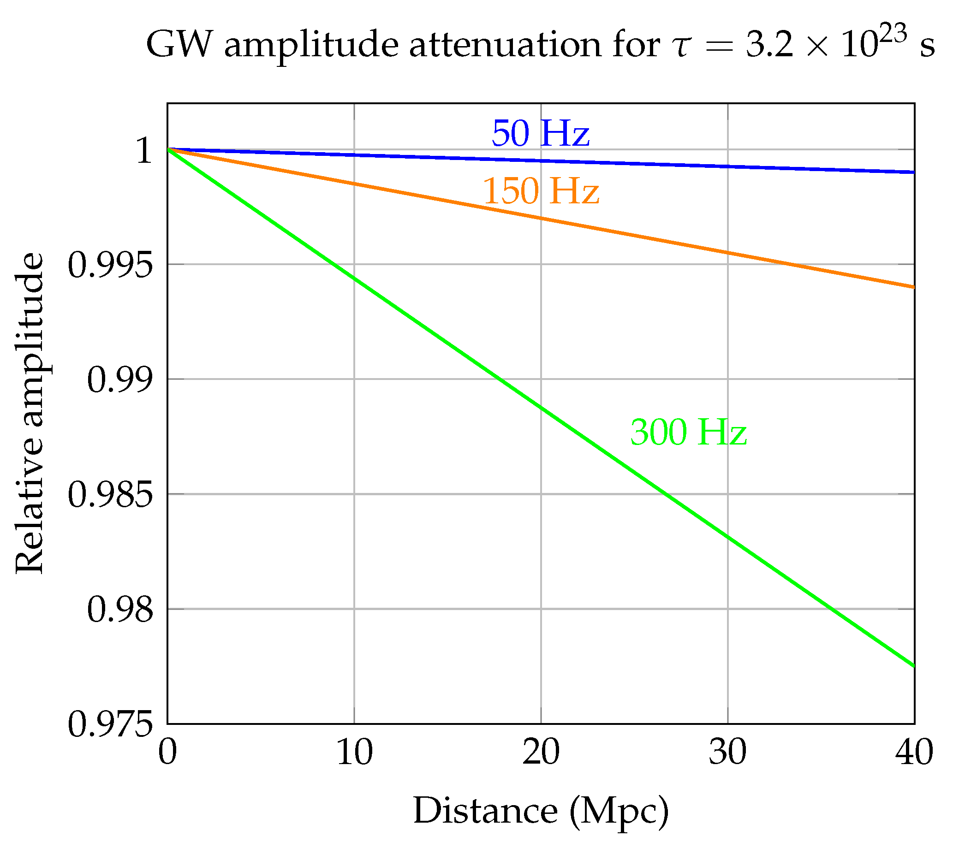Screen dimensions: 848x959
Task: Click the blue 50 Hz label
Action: pyautogui.click(x=540, y=134)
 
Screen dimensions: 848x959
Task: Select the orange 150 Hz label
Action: pyautogui.click(x=541, y=191)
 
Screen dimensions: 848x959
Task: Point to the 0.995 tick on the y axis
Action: pyautogui.click(x=110, y=266)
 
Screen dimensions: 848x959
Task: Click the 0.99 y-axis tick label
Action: pyautogui.click(x=120, y=380)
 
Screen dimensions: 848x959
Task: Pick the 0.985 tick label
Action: pyautogui.click(x=110, y=495)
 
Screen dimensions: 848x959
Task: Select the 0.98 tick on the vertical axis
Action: pyautogui.click(x=120, y=610)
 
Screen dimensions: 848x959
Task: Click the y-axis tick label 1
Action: pyautogui.click(x=144, y=151)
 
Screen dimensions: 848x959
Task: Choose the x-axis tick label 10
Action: pyautogui.click(x=355, y=753)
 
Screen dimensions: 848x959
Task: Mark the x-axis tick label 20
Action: pyautogui.click(x=541, y=753)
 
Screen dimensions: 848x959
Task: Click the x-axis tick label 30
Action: pyautogui.click(x=727, y=753)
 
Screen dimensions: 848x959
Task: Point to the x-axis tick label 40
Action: pyautogui.click(x=913, y=753)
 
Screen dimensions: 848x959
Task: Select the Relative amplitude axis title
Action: pyautogui.click(x=29, y=413)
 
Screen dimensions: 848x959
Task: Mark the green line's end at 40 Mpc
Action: pyautogui.click(x=913, y=665)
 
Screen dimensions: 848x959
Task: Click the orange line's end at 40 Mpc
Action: pyautogui.click(x=913, y=286)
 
